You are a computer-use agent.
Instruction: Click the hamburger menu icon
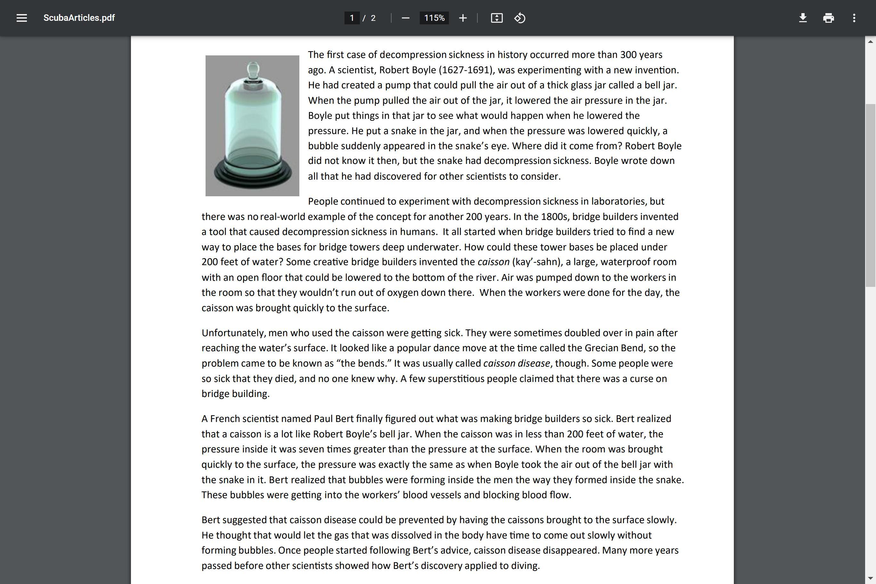coord(21,18)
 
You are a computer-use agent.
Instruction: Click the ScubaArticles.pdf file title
coord(79,18)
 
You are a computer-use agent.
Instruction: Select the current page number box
coord(352,18)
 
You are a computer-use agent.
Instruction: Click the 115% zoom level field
coord(434,18)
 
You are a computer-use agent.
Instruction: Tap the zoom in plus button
coord(463,18)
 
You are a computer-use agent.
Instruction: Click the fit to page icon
coord(497,18)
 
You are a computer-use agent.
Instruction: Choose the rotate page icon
coord(520,18)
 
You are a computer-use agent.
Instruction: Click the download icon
coord(803,18)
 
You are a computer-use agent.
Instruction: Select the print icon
coord(828,18)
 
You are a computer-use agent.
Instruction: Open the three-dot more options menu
coord(854,18)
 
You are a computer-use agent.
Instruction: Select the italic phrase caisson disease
coord(516,363)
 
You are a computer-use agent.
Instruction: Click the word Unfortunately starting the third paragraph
coord(233,333)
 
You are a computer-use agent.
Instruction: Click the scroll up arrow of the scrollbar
coord(871,41)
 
